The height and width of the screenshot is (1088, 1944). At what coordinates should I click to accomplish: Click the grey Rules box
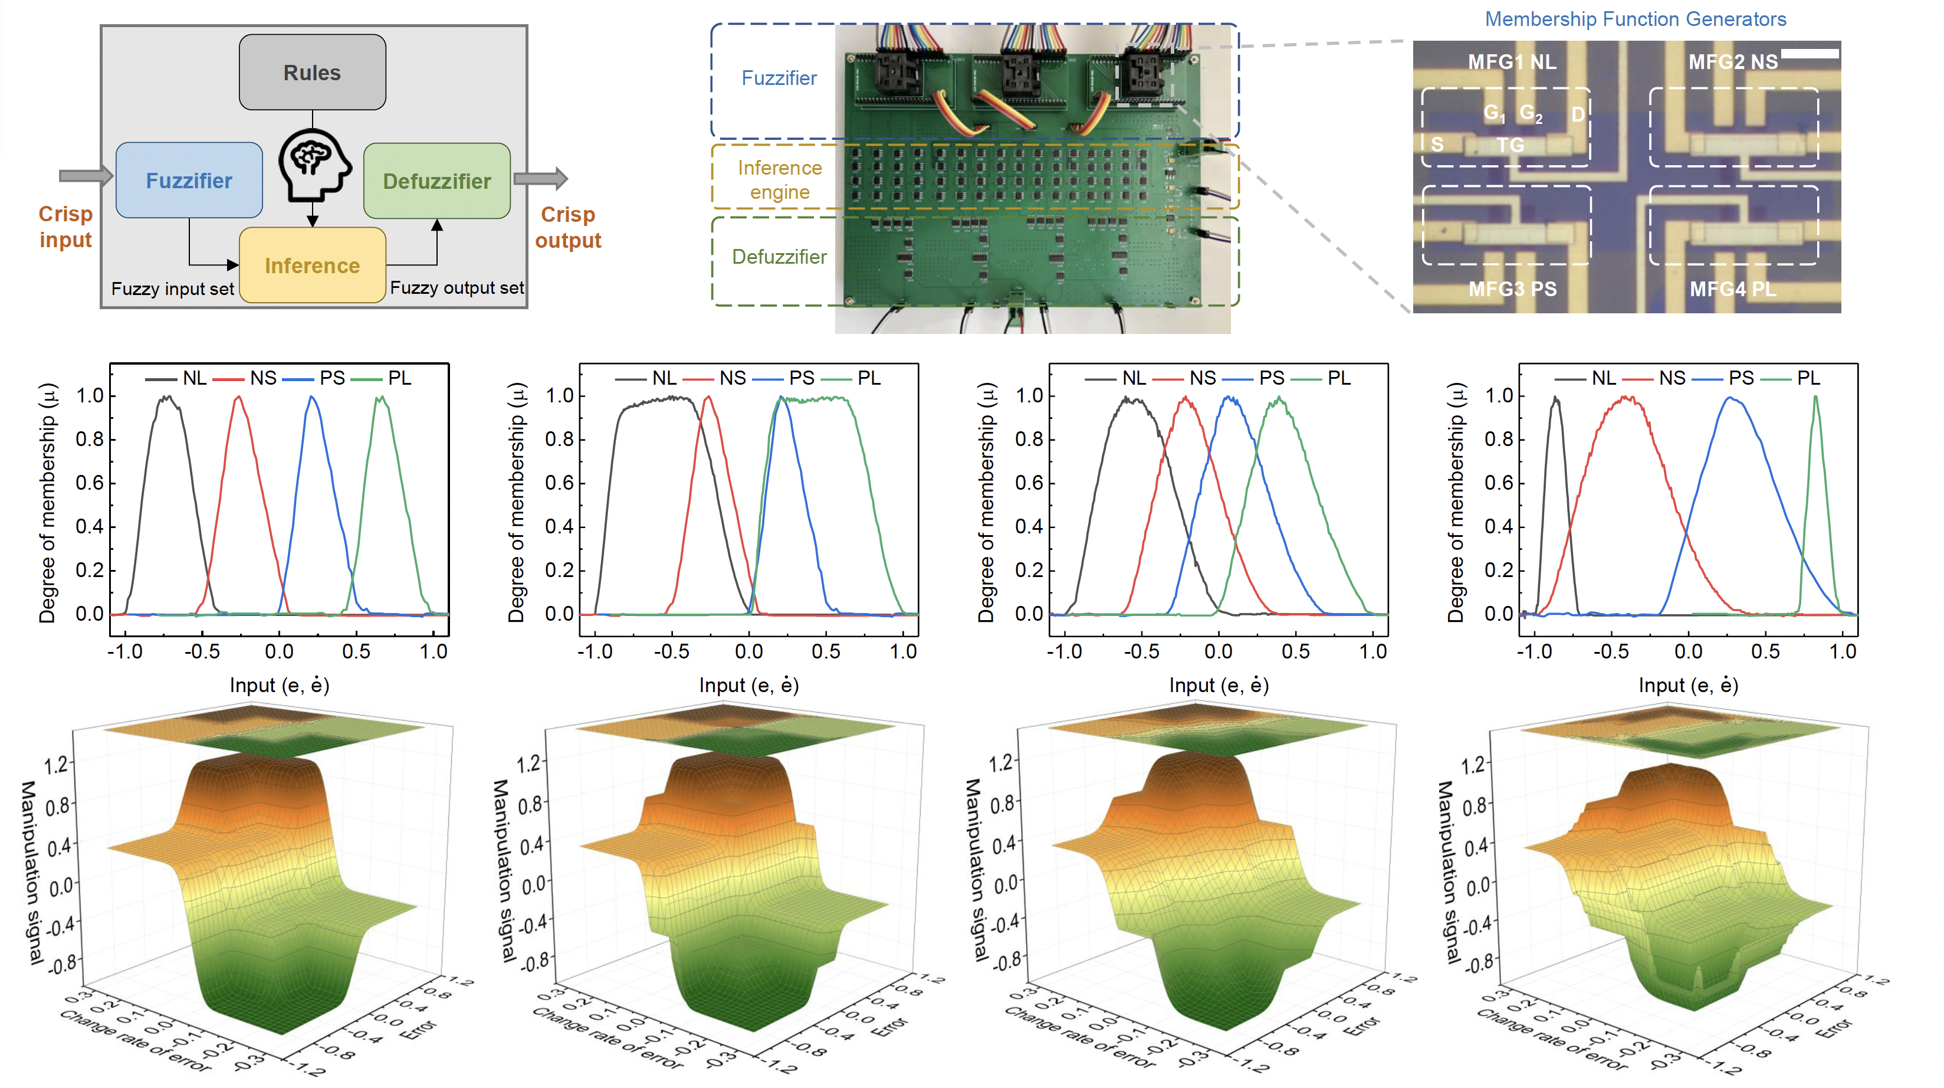pos(311,73)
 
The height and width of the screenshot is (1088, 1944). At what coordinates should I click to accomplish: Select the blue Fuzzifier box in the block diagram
pos(189,181)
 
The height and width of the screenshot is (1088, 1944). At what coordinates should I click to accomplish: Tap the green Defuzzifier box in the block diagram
pos(436,181)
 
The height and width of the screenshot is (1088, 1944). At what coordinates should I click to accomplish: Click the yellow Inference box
pos(311,266)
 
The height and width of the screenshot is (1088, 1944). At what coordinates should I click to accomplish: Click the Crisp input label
pos(65,227)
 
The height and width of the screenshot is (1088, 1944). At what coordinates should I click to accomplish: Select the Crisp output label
pos(567,227)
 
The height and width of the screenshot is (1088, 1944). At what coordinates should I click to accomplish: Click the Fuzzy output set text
pos(457,288)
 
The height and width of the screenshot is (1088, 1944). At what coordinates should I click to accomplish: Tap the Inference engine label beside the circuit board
pos(780,180)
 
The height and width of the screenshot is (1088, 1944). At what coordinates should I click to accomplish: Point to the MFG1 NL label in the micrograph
pos(1511,62)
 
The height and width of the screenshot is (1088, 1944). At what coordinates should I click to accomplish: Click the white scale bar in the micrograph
pos(1809,54)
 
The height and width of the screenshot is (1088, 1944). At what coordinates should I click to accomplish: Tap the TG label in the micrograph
pos(1510,145)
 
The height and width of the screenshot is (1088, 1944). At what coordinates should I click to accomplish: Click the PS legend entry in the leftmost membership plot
pos(331,378)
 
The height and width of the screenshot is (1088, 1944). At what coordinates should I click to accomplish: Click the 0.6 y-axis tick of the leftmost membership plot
pos(89,483)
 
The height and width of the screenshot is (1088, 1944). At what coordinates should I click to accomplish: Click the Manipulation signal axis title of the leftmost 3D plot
pos(32,872)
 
